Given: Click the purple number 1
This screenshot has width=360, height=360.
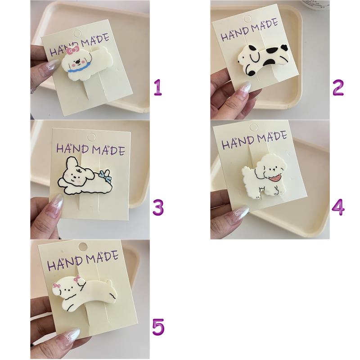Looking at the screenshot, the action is [x=158, y=87].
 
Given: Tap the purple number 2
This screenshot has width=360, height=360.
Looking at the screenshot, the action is [x=338, y=87].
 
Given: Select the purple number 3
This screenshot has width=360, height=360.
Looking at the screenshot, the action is [x=158, y=207].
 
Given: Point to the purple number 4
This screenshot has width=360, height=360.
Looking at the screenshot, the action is [x=338, y=207].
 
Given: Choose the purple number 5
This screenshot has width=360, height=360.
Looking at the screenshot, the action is [x=158, y=327].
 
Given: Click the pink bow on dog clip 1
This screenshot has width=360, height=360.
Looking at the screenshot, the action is [x=73, y=50].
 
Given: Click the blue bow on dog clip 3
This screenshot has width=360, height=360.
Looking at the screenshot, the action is [x=106, y=175].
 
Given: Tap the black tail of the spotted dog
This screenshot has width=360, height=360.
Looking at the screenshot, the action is [x=284, y=47].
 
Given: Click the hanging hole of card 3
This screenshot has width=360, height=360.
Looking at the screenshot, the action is [x=91, y=138].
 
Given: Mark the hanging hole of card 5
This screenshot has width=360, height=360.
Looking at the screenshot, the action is [x=82, y=247].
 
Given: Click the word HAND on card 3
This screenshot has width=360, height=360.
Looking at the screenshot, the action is [x=73, y=148].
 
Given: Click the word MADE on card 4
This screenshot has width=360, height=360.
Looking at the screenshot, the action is [x=272, y=137].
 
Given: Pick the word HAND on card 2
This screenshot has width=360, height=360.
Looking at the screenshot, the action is [x=235, y=34].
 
